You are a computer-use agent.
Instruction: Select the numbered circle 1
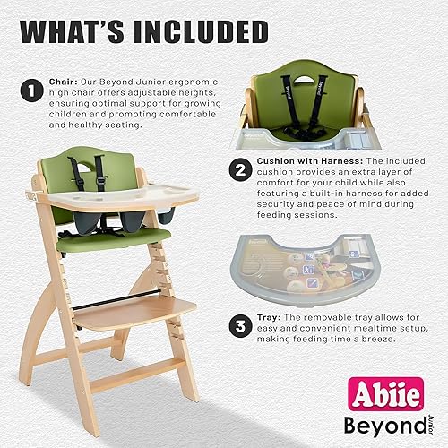tap(34, 90)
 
